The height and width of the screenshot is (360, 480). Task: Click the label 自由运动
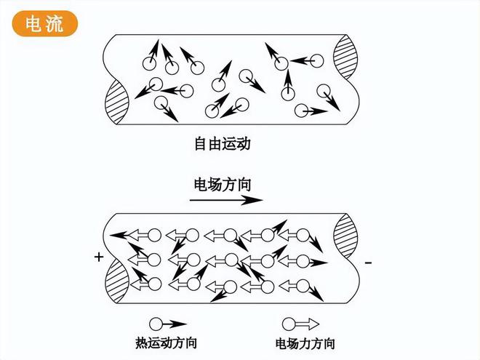[221, 144]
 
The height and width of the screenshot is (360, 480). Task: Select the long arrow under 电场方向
[226, 199]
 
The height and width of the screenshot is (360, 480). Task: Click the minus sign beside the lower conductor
[368, 261]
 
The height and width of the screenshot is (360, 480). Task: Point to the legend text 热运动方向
[166, 343]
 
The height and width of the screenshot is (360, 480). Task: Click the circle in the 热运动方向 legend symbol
[156, 324]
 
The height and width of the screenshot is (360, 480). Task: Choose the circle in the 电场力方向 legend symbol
[289, 324]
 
